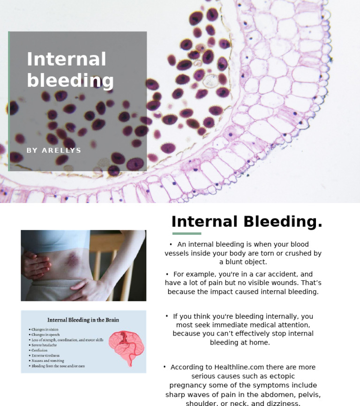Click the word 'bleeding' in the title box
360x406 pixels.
point(70,81)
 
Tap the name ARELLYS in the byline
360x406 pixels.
point(61,150)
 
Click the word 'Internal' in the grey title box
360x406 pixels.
point(67,60)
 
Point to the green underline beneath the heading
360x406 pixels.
point(187,233)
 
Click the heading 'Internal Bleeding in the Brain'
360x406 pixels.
point(83,320)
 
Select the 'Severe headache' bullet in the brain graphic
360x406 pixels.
point(44,345)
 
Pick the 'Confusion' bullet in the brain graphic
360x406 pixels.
point(39,350)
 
